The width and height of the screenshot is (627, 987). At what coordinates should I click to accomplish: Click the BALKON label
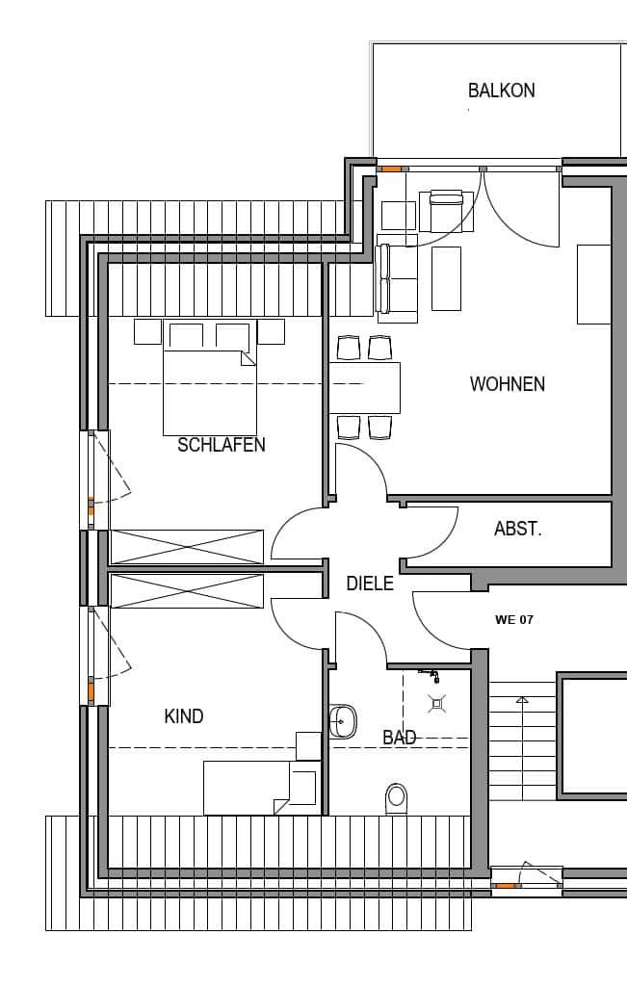click(x=501, y=91)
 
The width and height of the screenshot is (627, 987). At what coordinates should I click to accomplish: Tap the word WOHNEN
click(x=507, y=384)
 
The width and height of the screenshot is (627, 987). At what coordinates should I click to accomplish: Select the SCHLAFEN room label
click(x=222, y=445)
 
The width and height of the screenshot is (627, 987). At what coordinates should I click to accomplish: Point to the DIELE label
click(x=370, y=583)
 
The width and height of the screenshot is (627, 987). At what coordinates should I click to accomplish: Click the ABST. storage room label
click(x=517, y=529)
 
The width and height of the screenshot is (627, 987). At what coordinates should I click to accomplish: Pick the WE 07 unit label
click(x=513, y=620)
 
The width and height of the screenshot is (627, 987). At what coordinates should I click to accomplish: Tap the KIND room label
click(x=184, y=716)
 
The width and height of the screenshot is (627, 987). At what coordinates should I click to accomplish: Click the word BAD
click(x=399, y=738)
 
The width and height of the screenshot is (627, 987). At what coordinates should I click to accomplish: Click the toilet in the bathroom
click(x=396, y=798)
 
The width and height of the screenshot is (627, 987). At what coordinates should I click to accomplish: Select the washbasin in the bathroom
click(x=342, y=719)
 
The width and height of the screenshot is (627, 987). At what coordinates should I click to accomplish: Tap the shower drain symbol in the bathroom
click(x=436, y=703)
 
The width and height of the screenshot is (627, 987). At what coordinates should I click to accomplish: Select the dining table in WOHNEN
click(x=364, y=387)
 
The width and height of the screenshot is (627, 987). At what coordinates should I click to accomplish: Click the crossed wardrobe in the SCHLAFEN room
click(x=187, y=546)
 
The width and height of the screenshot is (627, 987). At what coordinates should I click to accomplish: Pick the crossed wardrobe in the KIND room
click(x=187, y=590)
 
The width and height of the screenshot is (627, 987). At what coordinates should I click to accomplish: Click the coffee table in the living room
click(x=446, y=278)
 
